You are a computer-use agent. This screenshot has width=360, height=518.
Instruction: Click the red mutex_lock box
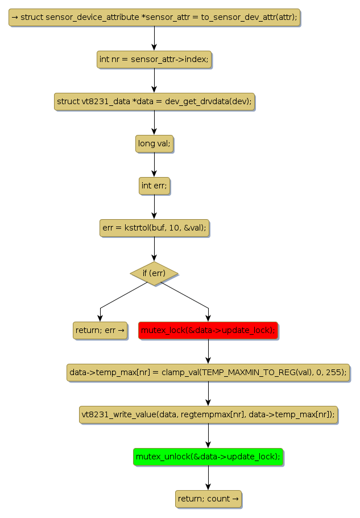[208, 330]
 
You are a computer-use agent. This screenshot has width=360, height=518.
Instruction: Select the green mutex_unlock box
[208, 457]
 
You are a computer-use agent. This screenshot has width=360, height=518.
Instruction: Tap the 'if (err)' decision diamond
[154, 273]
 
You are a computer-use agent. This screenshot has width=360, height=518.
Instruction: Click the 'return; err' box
[100, 330]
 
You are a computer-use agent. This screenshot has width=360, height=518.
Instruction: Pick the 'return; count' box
[208, 499]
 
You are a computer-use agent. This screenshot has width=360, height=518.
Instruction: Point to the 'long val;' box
[154, 144]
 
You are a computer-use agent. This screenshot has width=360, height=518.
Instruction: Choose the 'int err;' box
[154, 186]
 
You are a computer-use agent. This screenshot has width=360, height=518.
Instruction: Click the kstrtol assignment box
[154, 228]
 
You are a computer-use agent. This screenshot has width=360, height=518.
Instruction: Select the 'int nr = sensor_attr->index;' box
[154, 59]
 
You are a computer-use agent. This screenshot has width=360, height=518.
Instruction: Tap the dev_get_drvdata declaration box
[154, 102]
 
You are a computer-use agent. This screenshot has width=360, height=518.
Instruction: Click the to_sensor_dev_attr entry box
[154, 18]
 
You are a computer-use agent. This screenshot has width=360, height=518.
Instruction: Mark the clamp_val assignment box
[208, 372]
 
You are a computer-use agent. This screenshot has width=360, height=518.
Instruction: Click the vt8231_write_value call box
[208, 414]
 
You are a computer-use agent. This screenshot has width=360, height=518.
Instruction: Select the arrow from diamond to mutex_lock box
[188, 296]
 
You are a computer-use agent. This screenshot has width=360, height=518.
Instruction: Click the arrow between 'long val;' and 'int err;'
[154, 165]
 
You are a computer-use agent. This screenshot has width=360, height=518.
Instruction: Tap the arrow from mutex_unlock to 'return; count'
[208, 478]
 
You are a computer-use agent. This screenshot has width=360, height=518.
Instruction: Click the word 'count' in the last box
[218, 499]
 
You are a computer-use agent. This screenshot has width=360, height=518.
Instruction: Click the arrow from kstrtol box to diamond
[154, 249]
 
